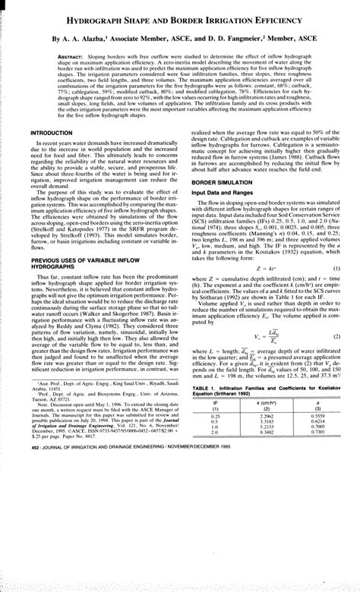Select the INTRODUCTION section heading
[x=51, y=133]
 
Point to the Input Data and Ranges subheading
[x=223, y=194]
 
